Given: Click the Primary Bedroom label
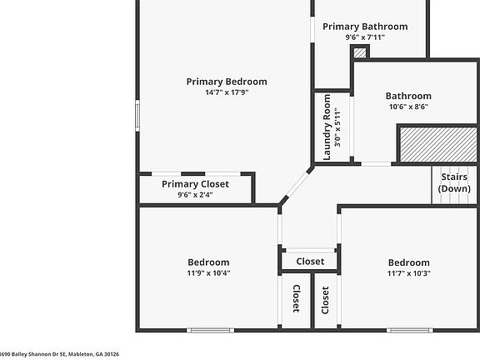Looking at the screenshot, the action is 227,82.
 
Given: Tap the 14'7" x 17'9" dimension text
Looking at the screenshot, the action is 227,92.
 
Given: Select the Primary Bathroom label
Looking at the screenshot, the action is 365,27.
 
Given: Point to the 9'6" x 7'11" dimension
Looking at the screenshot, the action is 365,37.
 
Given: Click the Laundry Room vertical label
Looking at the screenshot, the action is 327,127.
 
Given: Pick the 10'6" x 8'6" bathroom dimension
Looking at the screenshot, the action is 408,107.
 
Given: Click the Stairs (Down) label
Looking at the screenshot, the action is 454,182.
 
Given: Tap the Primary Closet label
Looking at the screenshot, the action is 195,184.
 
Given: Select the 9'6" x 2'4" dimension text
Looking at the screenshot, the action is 195,195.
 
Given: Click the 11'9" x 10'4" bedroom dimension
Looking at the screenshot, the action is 208,272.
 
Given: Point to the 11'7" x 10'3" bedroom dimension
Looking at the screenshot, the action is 409,273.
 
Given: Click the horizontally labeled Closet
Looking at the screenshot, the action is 310,262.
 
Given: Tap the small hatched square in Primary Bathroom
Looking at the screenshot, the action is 360,52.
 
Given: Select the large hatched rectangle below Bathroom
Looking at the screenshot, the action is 438,144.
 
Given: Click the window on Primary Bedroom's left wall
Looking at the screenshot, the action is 137,116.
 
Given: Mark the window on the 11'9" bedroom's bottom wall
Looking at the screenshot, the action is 211,330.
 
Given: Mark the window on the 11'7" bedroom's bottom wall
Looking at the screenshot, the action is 410,330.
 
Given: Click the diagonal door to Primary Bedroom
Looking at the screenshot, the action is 297,185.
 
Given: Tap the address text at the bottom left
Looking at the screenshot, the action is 59,354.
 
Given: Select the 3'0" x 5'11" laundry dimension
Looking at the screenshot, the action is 337,127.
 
